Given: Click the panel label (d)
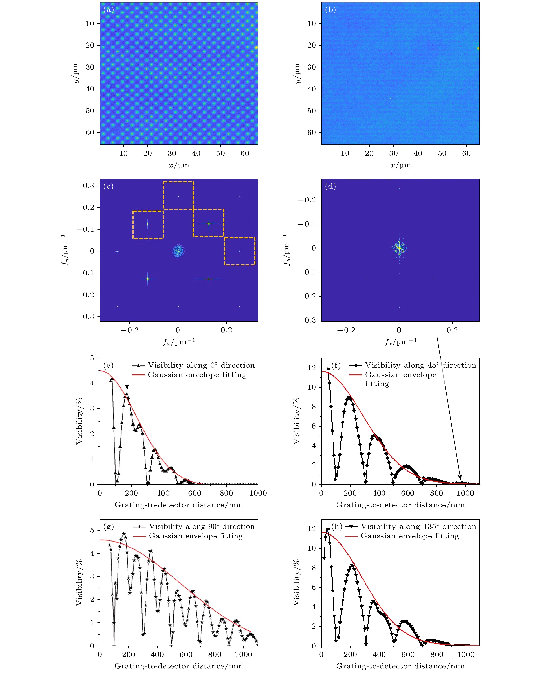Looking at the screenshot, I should point(330,186).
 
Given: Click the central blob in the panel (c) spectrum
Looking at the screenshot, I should point(178,251).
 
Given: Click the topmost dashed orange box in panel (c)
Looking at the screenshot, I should point(178,195).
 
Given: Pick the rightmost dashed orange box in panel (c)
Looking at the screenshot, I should point(240,251).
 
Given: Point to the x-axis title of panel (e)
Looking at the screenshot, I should point(179,505).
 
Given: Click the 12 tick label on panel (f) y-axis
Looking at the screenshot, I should point(312,368).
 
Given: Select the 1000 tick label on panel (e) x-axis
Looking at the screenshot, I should point(258,493).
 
